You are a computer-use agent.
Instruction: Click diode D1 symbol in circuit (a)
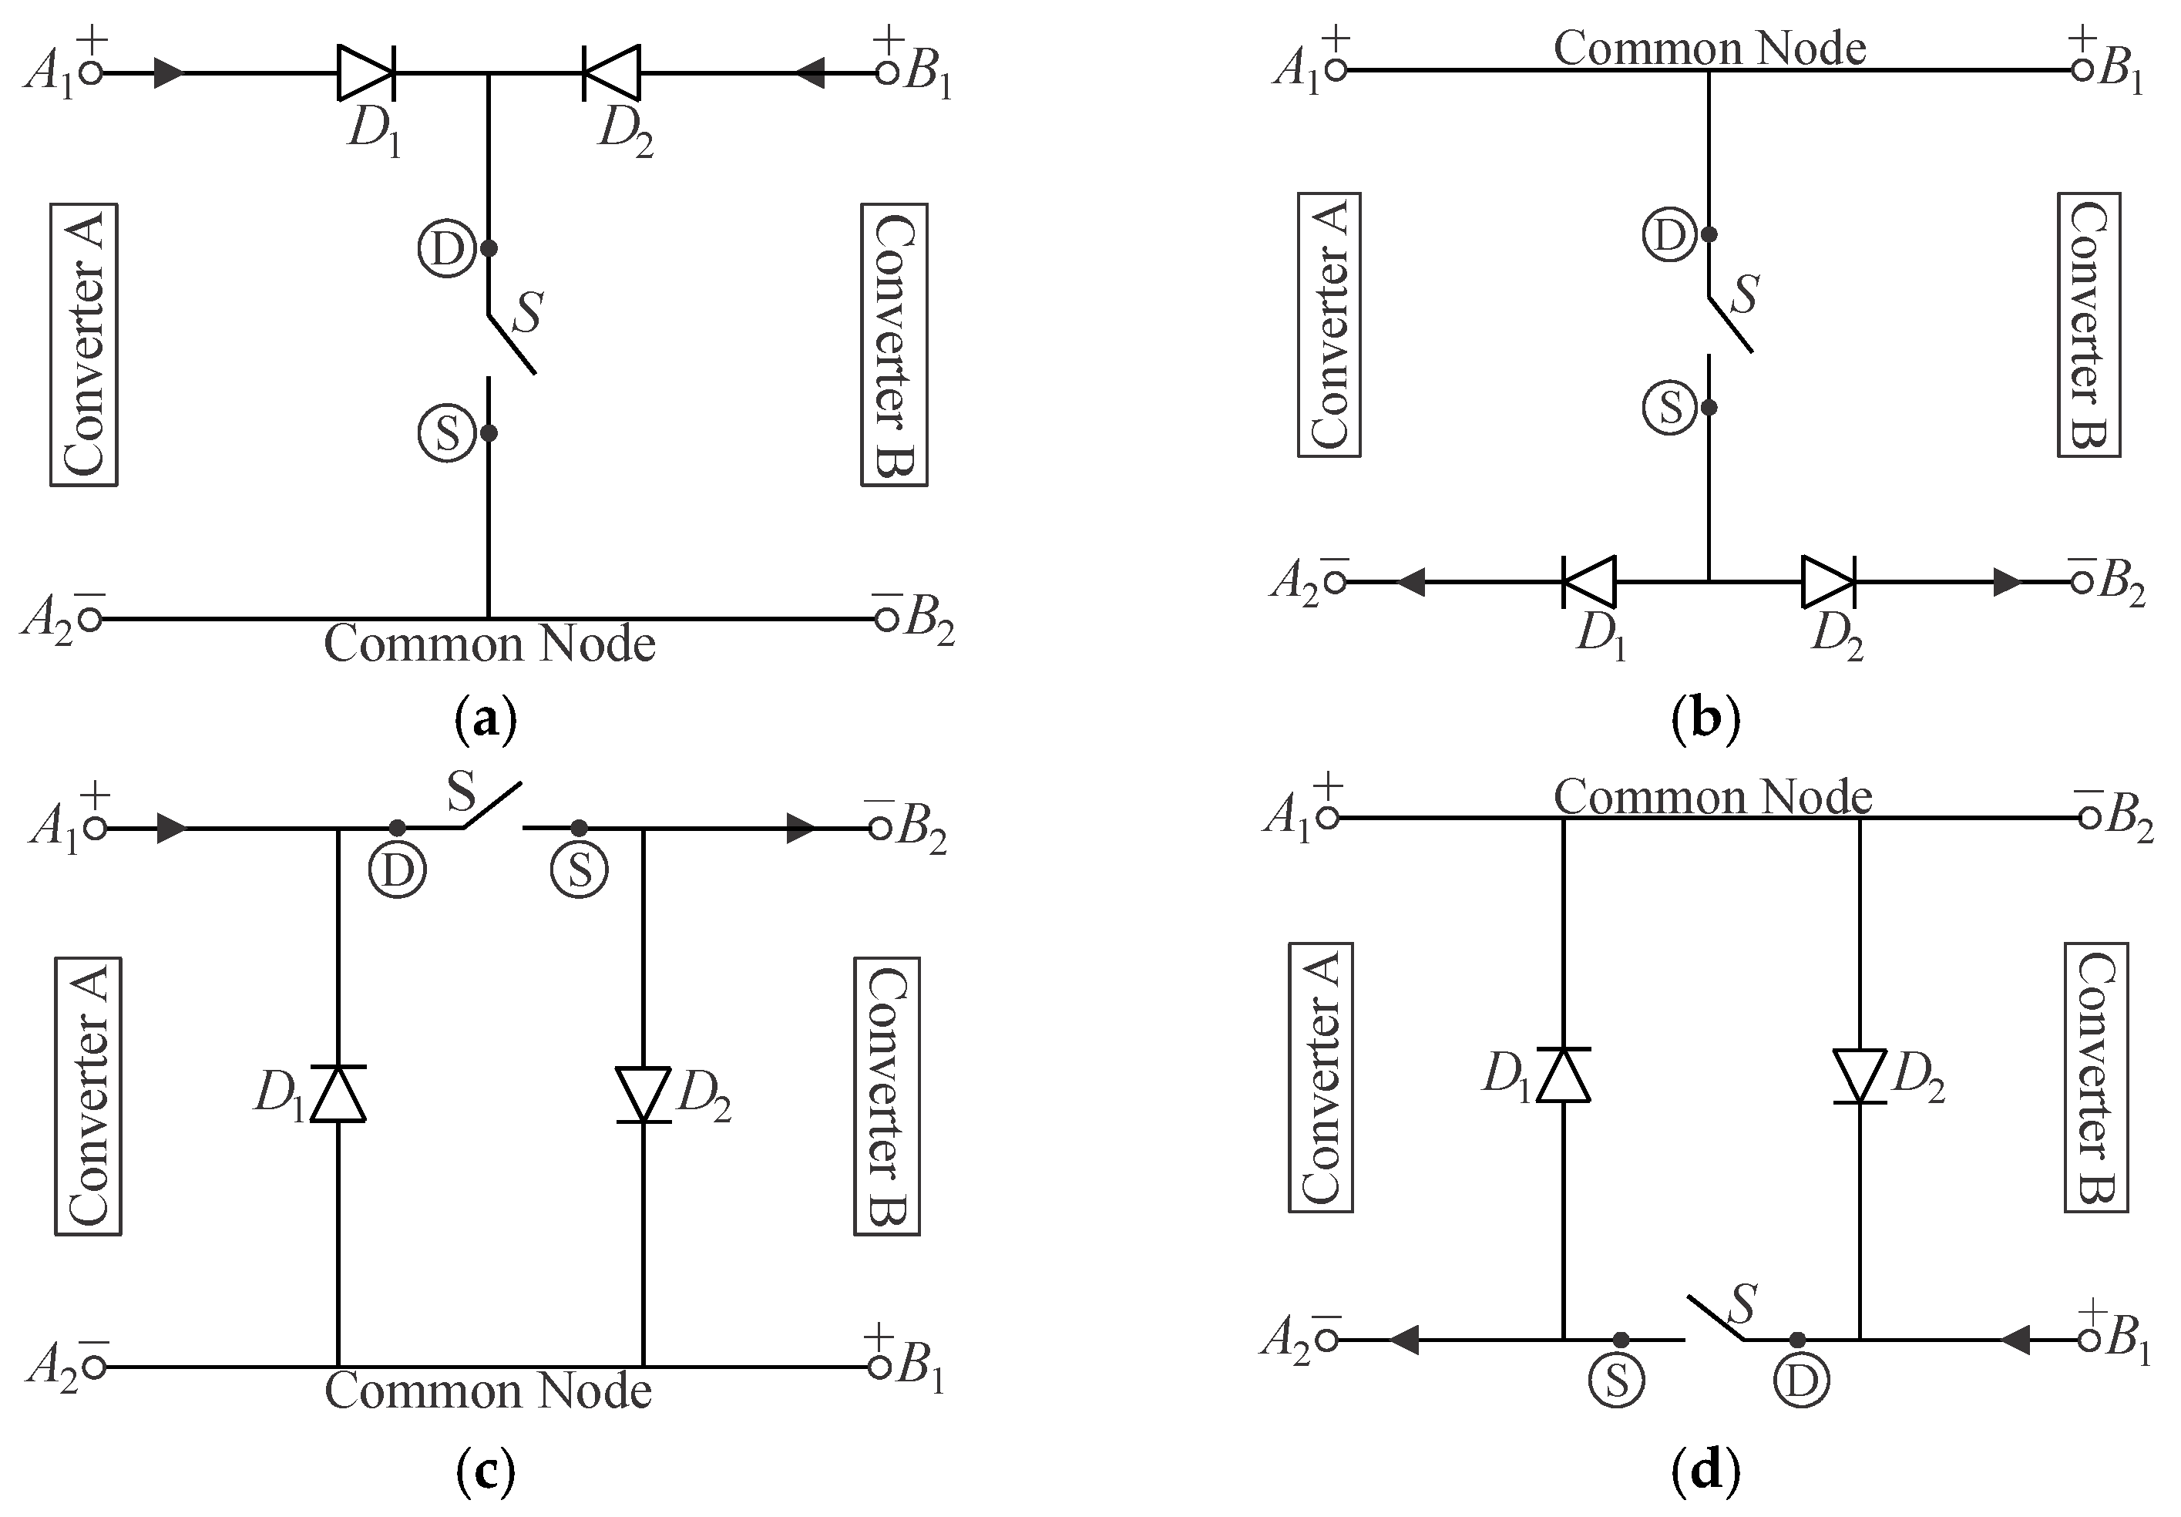366,72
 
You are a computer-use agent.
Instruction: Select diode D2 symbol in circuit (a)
612,72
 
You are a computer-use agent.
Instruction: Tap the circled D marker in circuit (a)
446,249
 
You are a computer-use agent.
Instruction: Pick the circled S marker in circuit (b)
1669,408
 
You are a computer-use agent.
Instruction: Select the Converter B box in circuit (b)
2089,325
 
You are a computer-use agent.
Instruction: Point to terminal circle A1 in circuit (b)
1336,69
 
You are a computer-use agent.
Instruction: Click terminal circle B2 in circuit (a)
886,619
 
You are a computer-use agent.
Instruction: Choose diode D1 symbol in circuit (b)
1589,581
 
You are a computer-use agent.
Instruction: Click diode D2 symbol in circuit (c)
643,1095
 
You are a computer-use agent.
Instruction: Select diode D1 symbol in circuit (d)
1563,1075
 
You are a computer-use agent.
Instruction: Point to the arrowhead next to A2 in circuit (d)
1404,1340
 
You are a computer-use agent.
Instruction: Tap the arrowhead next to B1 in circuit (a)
809,72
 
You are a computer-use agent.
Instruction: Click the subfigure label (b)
1706,719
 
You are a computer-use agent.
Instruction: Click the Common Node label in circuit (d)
1712,796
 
